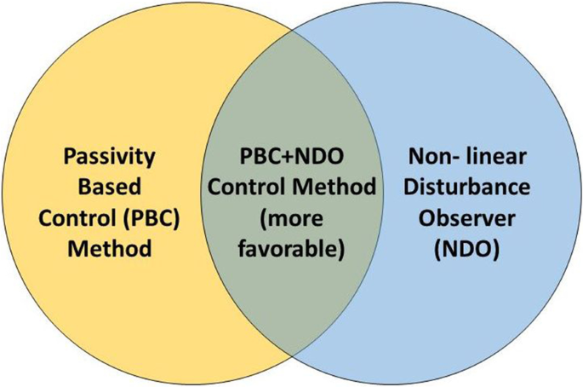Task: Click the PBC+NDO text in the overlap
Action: coord(290,158)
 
